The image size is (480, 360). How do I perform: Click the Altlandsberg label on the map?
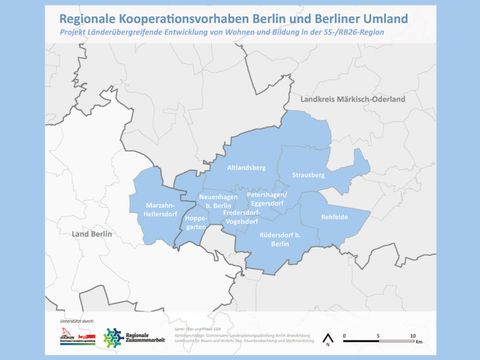coord(244,169)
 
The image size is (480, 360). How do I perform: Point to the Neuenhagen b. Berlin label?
coord(215,201)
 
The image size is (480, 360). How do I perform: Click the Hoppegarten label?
coord(195,223)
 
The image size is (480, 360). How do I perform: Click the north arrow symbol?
coord(327,337)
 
